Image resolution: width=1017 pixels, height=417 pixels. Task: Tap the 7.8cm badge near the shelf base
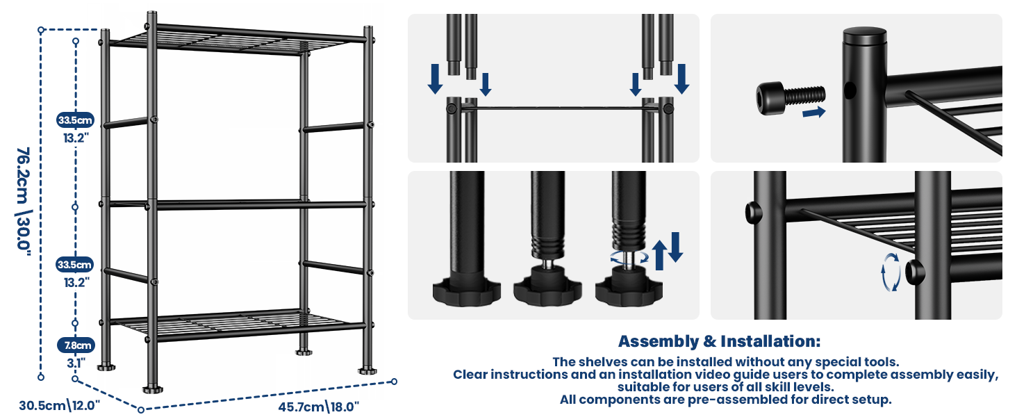76,345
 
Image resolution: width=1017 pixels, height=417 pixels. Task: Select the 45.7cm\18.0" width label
319,406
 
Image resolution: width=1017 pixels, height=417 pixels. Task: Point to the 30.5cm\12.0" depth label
60,404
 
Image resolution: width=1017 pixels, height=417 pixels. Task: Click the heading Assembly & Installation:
719,341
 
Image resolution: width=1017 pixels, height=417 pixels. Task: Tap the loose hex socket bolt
790,97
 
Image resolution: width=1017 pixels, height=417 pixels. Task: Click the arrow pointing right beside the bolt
813,112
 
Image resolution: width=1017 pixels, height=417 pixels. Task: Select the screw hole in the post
850,90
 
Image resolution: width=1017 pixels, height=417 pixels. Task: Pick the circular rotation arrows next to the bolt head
891,272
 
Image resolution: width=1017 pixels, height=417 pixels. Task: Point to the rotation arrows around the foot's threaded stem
629,259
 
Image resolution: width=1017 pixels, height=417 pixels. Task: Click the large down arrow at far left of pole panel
435,79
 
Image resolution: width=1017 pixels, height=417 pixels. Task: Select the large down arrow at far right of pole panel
681,79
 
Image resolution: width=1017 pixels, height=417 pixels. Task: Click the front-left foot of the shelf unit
153,389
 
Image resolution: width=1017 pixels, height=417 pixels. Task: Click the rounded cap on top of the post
864,35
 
